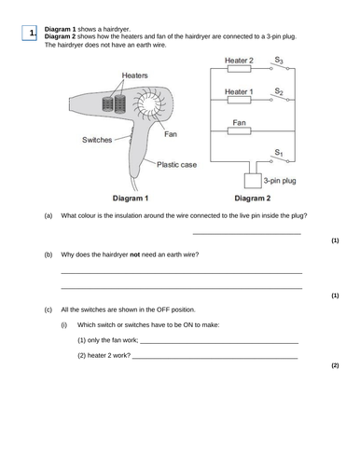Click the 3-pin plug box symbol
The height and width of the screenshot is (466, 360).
[x=249, y=181]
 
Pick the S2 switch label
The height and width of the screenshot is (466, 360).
[x=277, y=89]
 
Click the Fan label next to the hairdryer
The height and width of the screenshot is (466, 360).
[x=171, y=133]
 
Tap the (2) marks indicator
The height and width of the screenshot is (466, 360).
[x=335, y=366]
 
